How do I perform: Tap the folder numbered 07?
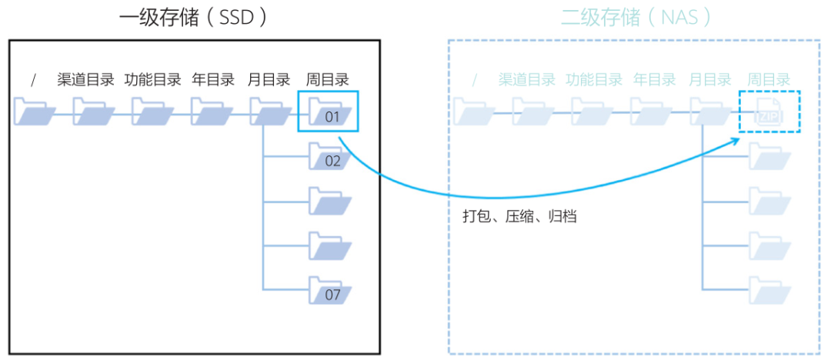tap(330, 291)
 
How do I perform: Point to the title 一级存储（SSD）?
tap(195, 18)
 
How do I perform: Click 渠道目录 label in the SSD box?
tap(85, 79)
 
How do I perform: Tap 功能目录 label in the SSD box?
tap(152, 79)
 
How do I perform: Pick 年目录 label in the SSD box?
tap(212, 79)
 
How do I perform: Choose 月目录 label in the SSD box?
tap(269, 79)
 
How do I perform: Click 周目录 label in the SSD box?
tap(328, 79)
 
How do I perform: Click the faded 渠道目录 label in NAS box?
tap(526, 79)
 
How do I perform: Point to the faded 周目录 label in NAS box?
tap(769, 79)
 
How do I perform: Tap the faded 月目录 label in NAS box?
tap(709, 79)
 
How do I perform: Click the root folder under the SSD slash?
tap(35, 112)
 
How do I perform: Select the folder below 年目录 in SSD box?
tap(212, 112)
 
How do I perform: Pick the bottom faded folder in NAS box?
tap(769, 291)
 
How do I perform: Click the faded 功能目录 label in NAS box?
tap(593, 79)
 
